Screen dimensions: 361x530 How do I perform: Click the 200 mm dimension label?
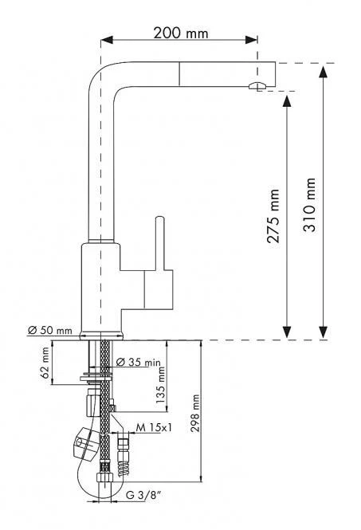[x=181, y=33]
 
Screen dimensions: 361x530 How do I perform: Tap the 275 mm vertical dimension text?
[x=273, y=216]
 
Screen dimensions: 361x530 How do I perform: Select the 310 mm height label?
[x=309, y=205]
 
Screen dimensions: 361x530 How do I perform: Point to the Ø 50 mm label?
[x=50, y=330]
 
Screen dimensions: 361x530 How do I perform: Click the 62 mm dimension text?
[x=45, y=363]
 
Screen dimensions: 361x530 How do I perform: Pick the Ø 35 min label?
[x=139, y=362]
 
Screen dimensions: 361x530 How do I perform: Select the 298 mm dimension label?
[x=195, y=413]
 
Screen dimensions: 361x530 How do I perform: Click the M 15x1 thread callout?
[x=154, y=427]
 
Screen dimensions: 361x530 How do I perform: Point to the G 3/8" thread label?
[x=143, y=496]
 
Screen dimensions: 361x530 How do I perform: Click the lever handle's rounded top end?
[x=160, y=218]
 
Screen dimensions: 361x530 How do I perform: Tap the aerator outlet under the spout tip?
[x=257, y=85]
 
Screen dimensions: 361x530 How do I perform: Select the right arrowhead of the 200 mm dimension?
[x=252, y=40]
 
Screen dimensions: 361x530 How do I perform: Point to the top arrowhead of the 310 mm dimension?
[x=323, y=72]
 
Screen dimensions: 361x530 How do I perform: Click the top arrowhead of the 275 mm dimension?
[x=287, y=100]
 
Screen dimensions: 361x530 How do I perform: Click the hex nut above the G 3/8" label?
[x=104, y=477]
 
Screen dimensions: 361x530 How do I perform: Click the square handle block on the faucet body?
[x=159, y=289]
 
